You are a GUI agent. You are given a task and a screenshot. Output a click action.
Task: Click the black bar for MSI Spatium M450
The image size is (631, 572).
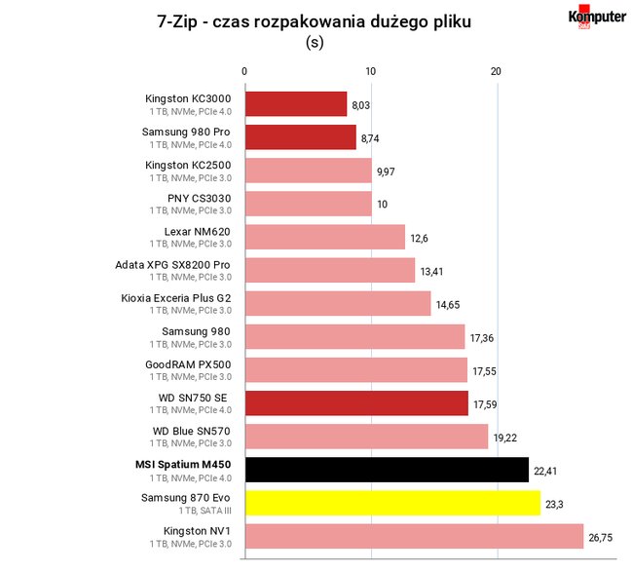point(387,470)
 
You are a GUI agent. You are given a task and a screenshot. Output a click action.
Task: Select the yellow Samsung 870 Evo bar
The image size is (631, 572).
point(392,503)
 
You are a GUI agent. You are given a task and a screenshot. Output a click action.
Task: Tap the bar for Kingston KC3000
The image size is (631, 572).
point(296,104)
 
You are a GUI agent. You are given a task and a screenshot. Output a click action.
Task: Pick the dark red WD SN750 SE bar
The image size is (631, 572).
point(356,403)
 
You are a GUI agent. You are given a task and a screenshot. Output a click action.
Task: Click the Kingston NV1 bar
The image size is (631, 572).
point(414,536)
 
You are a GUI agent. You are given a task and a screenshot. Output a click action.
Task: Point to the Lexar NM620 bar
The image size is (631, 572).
point(325,237)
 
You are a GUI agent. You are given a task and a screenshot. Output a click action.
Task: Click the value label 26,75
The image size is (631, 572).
point(601,537)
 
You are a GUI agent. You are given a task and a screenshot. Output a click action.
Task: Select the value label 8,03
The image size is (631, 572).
point(360,105)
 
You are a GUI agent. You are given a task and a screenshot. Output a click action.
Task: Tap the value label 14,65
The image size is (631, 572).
point(448,305)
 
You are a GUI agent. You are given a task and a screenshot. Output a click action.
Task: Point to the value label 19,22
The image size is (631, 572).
point(505,438)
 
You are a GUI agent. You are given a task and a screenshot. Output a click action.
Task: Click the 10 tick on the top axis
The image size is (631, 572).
point(371,71)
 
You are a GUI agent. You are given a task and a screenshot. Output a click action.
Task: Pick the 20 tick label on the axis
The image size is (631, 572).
point(496,71)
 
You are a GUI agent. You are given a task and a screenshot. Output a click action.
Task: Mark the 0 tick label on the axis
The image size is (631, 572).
point(244,71)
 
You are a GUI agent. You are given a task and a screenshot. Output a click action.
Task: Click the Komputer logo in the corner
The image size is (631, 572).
point(597,17)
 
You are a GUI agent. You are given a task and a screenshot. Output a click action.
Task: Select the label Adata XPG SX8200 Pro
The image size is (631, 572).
point(172,265)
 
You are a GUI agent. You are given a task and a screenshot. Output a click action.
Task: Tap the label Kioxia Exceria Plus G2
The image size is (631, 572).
point(176,298)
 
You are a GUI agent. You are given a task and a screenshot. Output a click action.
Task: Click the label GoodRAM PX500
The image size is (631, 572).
point(188,364)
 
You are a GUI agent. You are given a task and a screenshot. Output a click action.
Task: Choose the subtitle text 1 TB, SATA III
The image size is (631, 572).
point(205,511)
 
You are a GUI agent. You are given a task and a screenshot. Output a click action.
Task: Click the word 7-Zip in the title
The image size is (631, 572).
point(177,21)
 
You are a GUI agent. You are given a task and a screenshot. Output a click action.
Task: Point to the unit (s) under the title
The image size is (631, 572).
point(315,42)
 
